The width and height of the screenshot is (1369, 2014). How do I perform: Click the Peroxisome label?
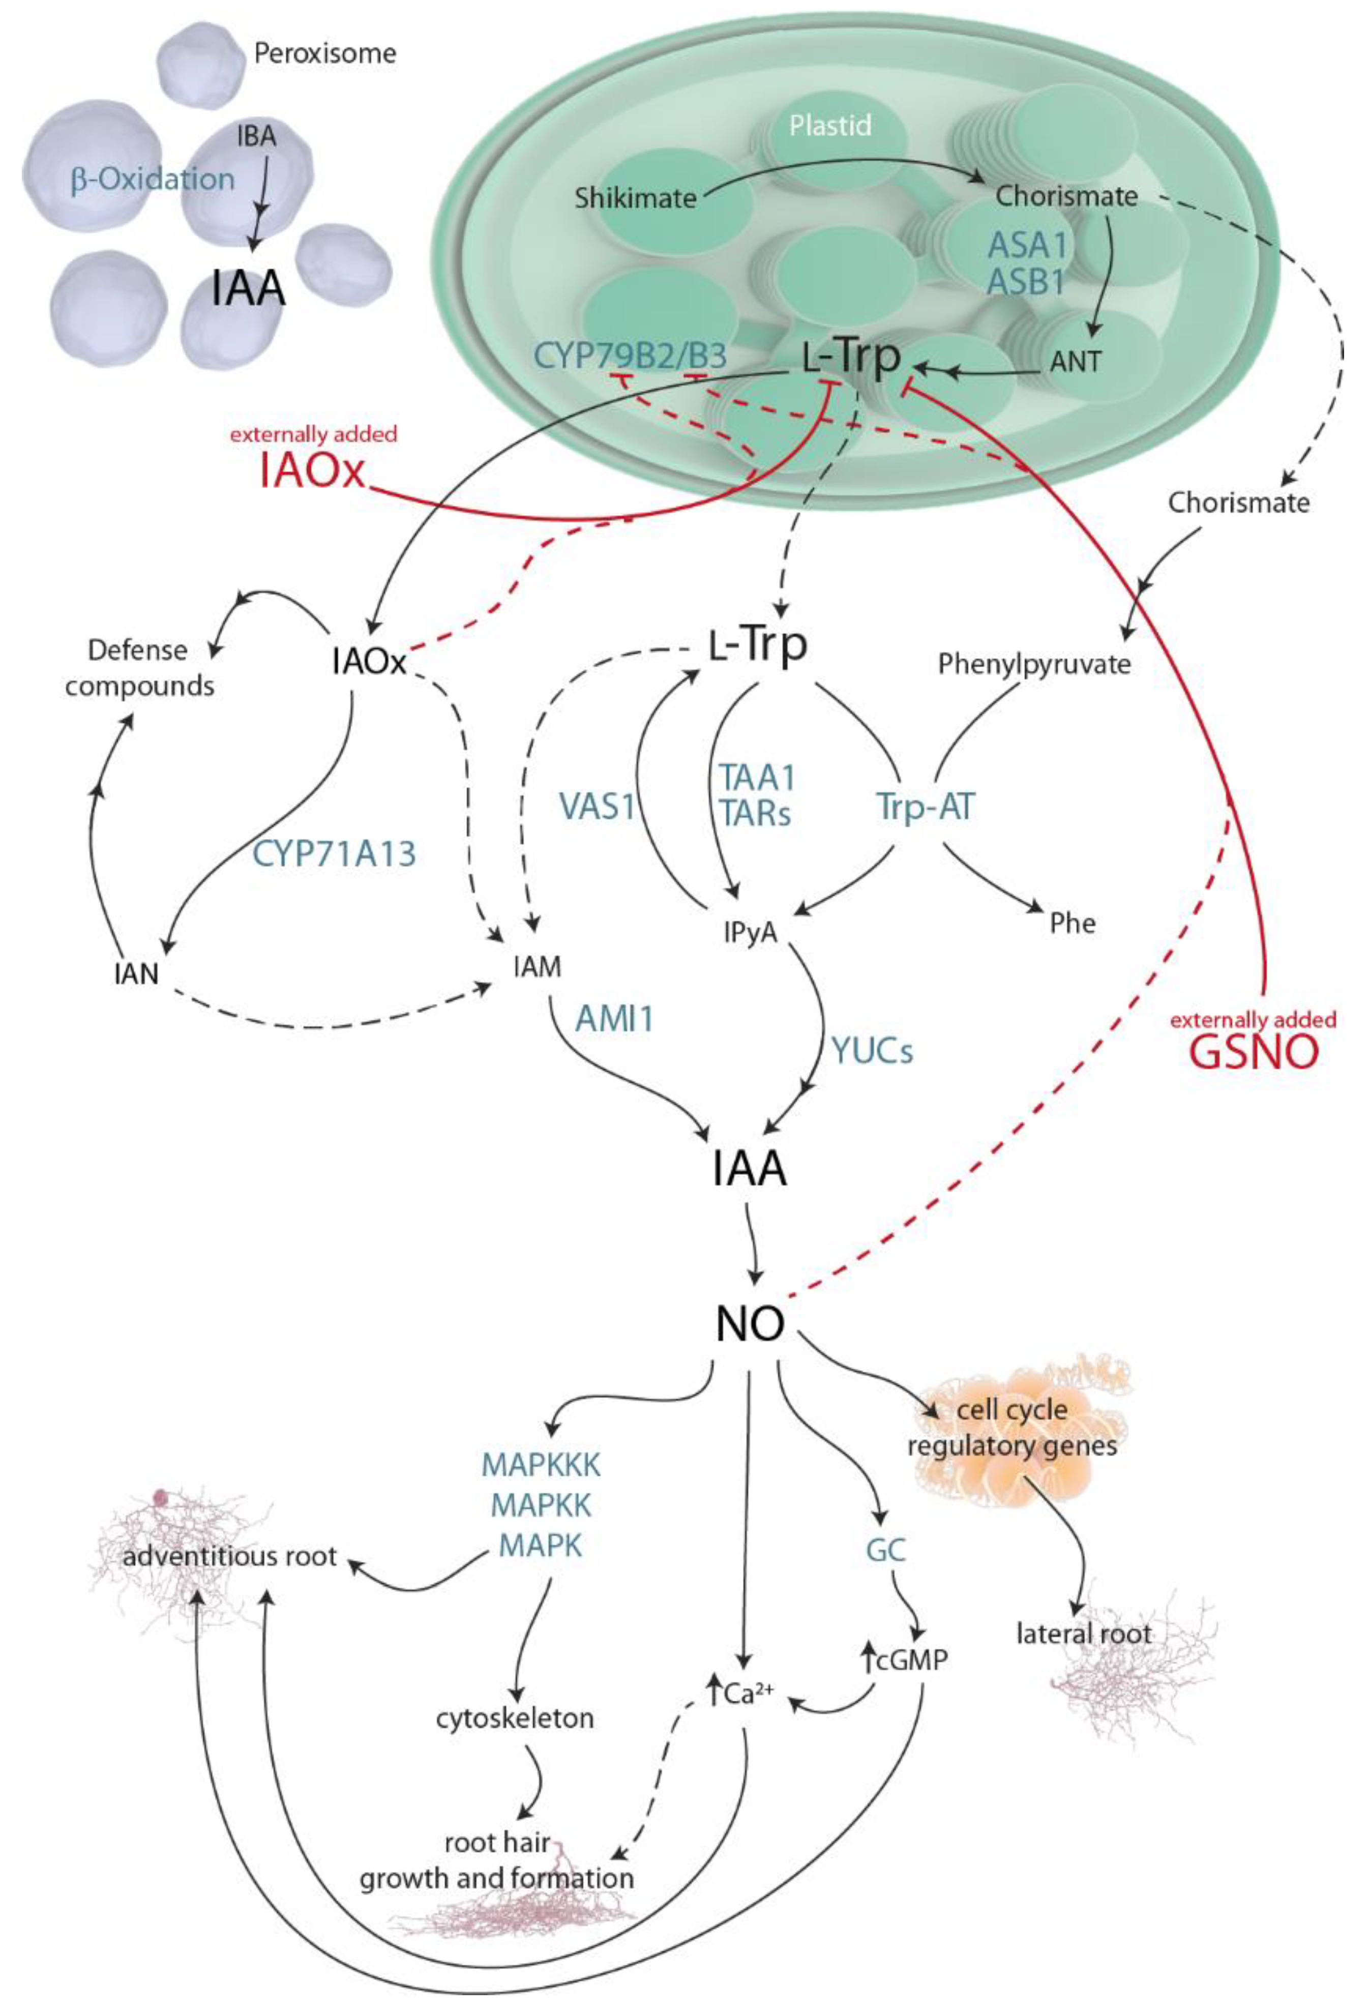325,54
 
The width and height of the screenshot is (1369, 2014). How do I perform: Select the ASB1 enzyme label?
1027,282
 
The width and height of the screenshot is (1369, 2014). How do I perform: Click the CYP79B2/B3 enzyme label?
630,356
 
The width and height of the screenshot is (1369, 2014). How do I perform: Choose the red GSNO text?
1254,1052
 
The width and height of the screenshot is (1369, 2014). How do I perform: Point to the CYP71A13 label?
335,853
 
